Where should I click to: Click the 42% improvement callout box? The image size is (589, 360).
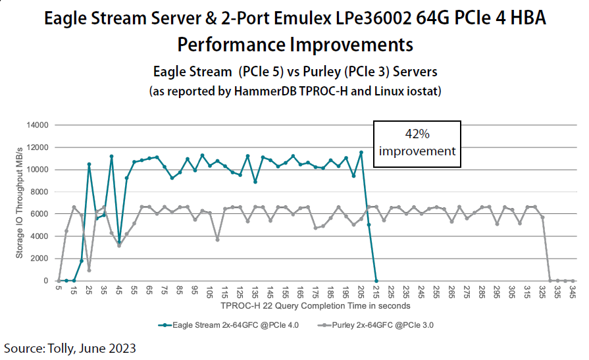417,142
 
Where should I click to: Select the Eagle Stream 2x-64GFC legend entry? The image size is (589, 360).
224,324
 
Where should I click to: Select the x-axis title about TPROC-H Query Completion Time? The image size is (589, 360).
316,305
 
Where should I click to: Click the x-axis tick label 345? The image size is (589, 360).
573,292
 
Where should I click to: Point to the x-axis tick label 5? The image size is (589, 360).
59,290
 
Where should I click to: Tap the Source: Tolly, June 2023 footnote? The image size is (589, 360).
70,347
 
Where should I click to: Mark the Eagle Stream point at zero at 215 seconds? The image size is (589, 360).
376,280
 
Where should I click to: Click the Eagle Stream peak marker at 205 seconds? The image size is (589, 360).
361,153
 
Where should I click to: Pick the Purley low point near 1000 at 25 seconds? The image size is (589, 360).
89,270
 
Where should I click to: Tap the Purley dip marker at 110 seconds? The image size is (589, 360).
217,239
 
